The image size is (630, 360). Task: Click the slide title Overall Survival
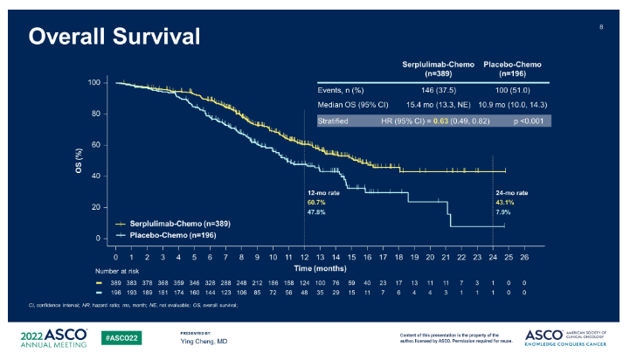point(114,37)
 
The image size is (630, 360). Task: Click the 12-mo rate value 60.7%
point(315,202)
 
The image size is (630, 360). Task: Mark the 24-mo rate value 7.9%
point(502,211)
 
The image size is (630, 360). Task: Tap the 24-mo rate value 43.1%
point(505,202)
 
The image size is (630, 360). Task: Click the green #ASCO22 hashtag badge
point(118,336)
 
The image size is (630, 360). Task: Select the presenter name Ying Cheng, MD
point(204,340)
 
